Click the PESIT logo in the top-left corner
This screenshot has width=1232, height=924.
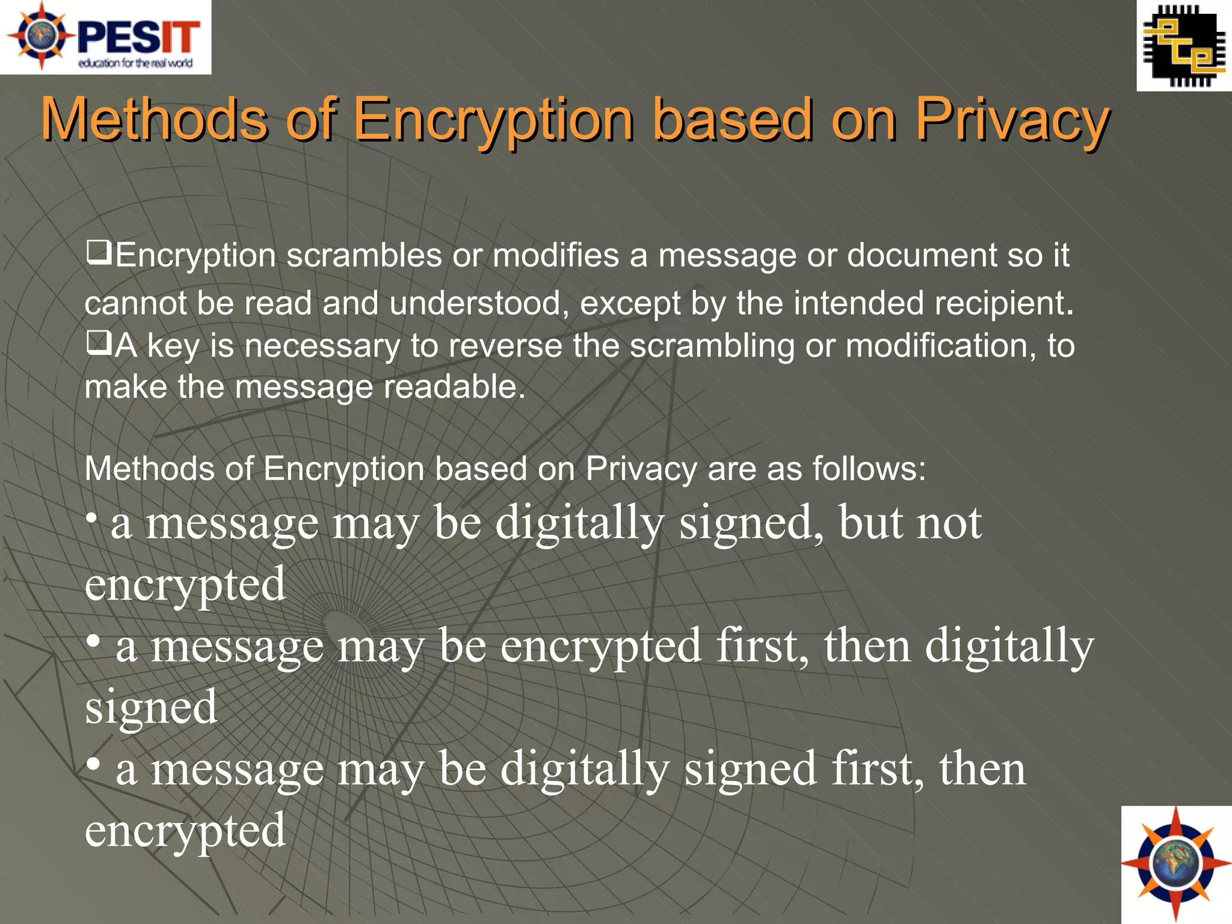[x=106, y=37]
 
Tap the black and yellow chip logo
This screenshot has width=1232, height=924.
[x=1184, y=46]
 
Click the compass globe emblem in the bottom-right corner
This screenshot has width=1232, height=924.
[x=1176, y=864]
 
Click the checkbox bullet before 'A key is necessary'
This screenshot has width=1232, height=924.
[x=98, y=343]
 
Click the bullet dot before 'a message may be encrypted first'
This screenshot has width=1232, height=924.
[x=93, y=641]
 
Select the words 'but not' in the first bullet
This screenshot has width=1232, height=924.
[x=910, y=522]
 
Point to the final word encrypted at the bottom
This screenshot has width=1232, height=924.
[x=185, y=830]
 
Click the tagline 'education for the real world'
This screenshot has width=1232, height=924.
[x=135, y=63]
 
